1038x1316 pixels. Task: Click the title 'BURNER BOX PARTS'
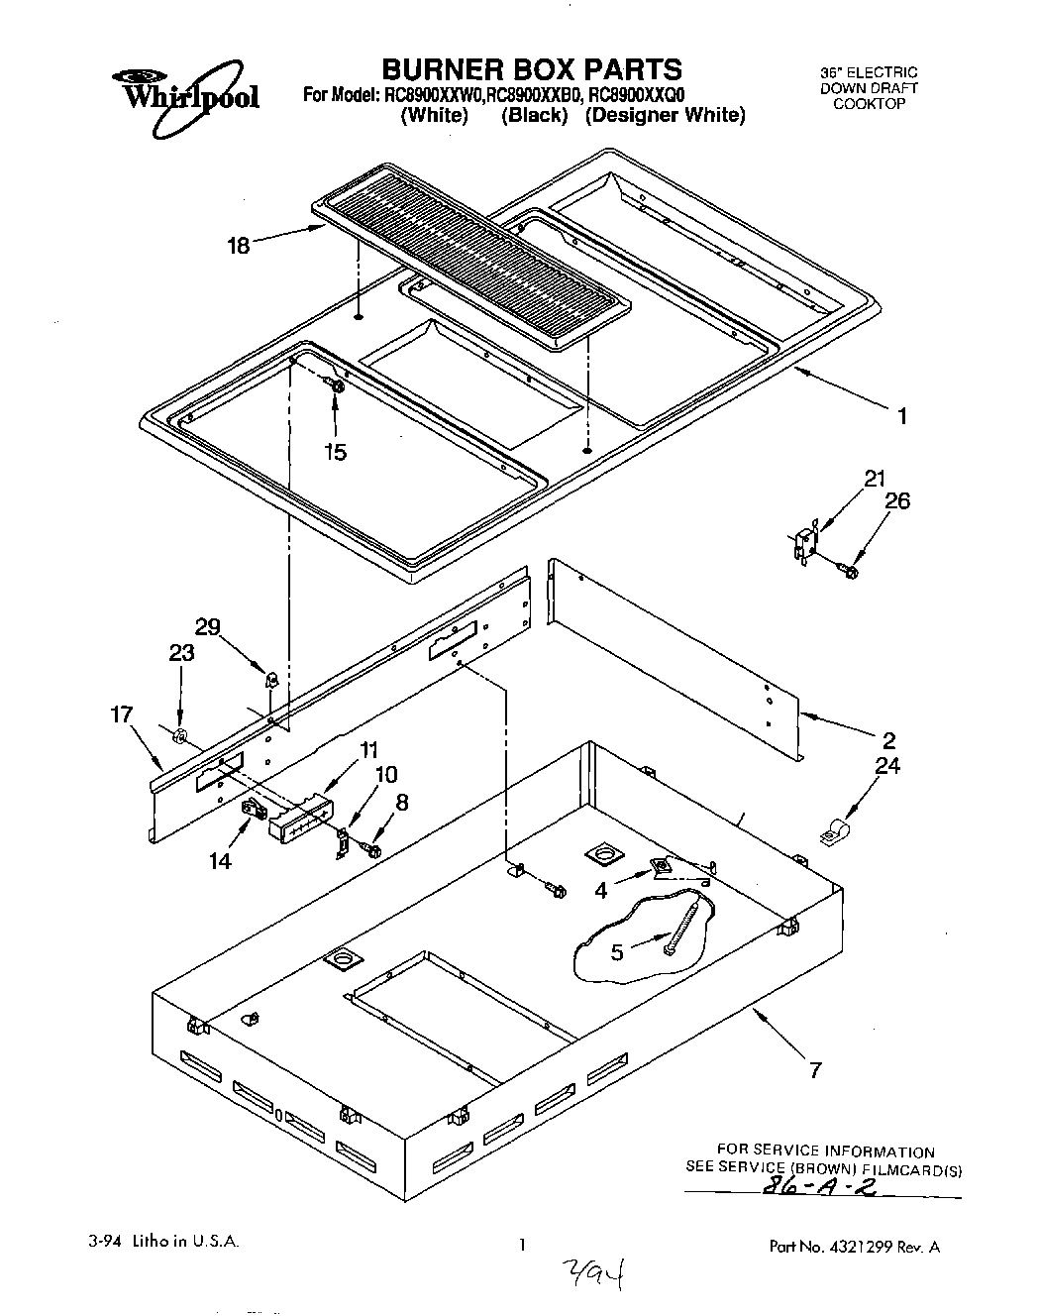coord(532,68)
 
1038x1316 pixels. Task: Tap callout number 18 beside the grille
coord(239,245)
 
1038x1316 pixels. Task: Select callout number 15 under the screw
coord(336,452)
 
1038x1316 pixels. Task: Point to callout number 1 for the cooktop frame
coord(901,416)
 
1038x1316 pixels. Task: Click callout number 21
coord(874,479)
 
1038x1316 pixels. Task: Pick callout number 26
coord(896,501)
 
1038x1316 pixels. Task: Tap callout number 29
coord(207,626)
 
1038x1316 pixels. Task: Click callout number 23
coord(181,653)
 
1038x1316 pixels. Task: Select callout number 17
coord(121,713)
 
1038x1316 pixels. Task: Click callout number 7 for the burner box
coord(814,1070)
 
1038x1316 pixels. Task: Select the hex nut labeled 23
coord(180,735)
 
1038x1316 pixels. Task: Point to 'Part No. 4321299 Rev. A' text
coord(854,1247)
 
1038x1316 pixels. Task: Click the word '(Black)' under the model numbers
coord(535,115)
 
